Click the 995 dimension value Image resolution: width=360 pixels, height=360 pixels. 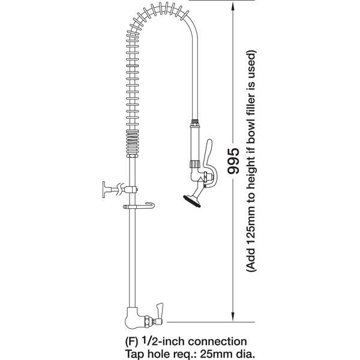pos(233,160)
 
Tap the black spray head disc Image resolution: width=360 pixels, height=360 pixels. pos(192,201)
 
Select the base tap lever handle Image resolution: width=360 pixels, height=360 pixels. pos(160,310)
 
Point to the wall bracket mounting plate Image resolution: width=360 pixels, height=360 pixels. pos(104,190)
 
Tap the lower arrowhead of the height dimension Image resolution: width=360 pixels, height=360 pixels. pos(233,317)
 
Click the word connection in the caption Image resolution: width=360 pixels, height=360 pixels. pos(217,342)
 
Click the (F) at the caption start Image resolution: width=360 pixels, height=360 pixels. pos(131,342)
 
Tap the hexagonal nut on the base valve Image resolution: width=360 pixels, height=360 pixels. pos(146,321)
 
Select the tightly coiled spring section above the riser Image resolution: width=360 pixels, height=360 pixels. pos(133,143)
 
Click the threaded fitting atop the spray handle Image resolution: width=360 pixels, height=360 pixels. pos(195,124)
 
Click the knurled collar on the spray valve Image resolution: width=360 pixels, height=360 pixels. pos(194,164)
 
